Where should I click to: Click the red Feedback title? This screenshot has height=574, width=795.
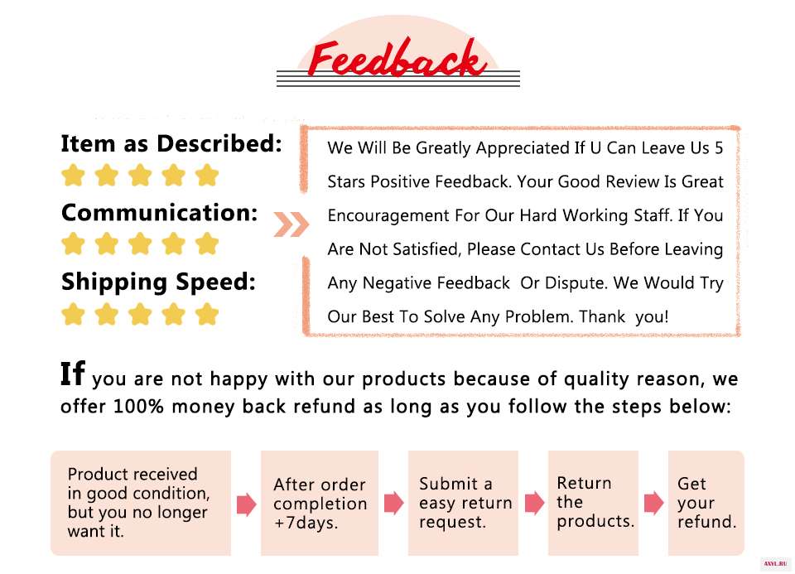coord(396,60)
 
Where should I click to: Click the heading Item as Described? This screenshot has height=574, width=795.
coord(171,143)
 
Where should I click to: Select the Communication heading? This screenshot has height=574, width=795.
coord(160,213)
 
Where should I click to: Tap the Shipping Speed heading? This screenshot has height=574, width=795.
coord(158,282)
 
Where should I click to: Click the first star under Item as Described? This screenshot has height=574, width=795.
coord(73,176)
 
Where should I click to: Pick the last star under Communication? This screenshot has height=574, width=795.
coord(207,244)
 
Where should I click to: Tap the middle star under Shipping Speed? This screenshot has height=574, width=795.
coord(140,314)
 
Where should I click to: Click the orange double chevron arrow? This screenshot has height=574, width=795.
coord(291,224)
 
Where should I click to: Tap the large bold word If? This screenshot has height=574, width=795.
coord(73,374)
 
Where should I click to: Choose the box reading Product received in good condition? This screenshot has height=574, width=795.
coord(141,503)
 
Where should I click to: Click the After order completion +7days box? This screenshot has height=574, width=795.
coord(320,503)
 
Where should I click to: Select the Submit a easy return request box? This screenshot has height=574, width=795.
coord(464,503)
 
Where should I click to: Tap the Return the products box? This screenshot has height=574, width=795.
coord(593,503)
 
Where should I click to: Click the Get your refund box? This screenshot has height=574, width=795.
coord(706,503)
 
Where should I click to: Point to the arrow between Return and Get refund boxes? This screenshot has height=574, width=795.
coord(653,503)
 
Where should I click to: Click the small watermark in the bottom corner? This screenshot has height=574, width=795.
coord(777,564)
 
